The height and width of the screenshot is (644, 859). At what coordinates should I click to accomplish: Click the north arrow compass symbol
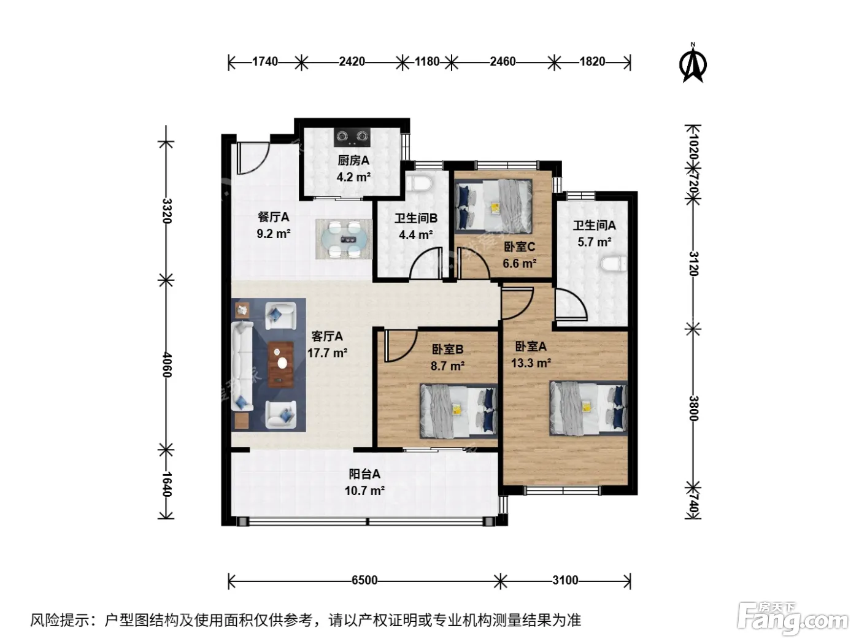click(x=692, y=64)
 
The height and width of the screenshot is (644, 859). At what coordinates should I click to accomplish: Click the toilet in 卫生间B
click(x=418, y=184)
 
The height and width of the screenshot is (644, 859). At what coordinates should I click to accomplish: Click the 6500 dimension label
click(x=364, y=580)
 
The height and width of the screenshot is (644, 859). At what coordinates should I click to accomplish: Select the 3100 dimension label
click(x=565, y=580)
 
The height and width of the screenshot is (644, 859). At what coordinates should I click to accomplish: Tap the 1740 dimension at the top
click(x=265, y=62)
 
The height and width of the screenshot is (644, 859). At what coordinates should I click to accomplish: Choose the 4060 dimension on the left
click(x=167, y=365)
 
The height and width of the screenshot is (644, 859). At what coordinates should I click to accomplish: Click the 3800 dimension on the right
click(x=693, y=408)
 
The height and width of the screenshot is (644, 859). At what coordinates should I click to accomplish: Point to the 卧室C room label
click(x=519, y=247)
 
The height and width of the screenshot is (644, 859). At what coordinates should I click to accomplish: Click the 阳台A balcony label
click(x=364, y=474)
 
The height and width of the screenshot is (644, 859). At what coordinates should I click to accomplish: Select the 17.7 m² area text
click(x=327, y=353)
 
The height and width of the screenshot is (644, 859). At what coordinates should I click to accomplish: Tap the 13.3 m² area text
click(x=531, y=363)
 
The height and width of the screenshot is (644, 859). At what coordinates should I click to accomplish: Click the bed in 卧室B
click(x=459, y=411)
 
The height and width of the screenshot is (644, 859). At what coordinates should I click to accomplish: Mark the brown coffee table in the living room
click(x=280, y=364)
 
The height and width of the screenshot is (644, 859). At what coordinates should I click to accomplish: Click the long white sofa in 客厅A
click(x=242, y=366)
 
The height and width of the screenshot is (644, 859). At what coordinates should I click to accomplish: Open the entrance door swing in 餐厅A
click(x=253, y=158)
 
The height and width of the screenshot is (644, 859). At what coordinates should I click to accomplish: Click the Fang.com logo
click(x=792, y=618)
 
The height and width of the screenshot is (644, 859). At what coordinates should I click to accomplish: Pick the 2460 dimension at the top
click(x=503, y=62)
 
